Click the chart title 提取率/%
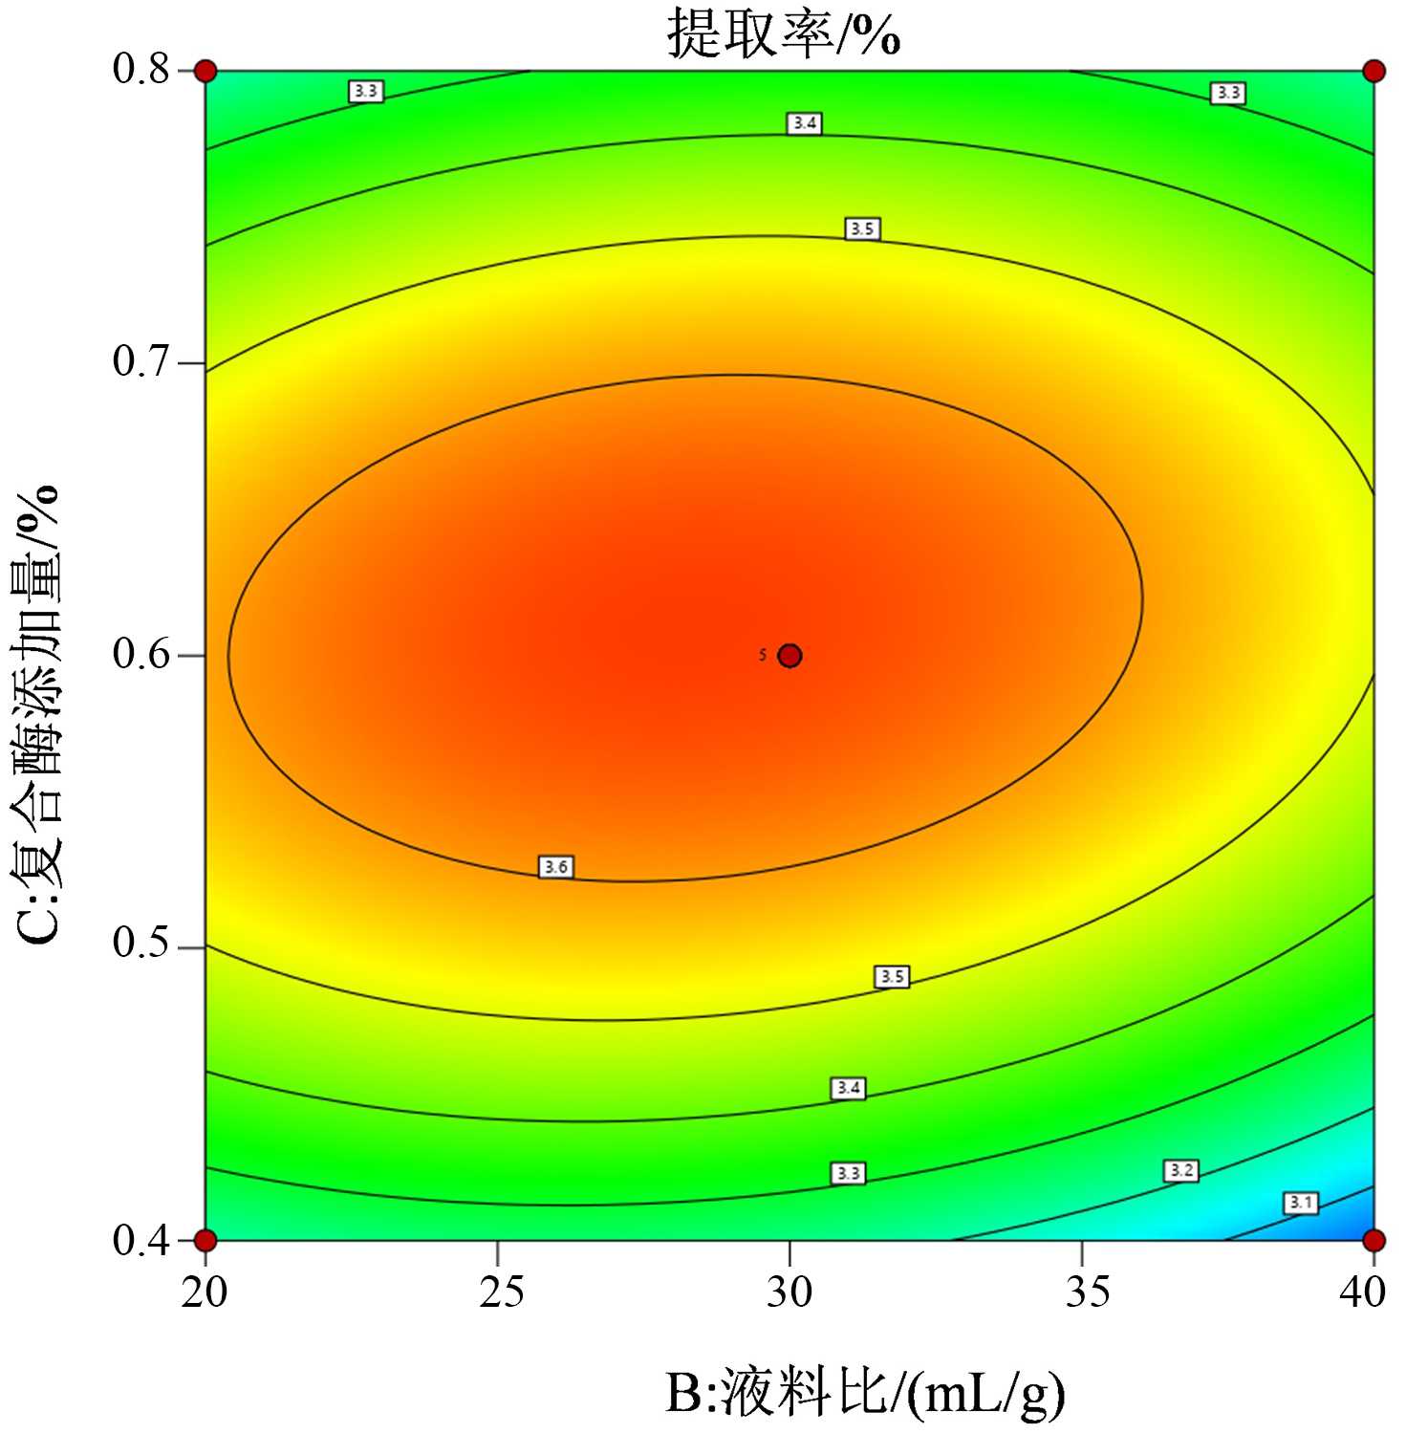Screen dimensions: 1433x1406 [783, 36]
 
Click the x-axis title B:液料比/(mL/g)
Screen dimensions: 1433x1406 [864, 1393]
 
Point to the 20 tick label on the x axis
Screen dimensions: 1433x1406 [205, 1292]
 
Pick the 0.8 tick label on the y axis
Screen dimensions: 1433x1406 [141, 69]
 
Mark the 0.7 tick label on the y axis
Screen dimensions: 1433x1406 [141, 362]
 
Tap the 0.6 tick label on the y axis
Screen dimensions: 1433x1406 [141, 655]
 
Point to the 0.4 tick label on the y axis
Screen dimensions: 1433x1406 [141, 1241]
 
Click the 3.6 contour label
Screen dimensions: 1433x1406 [555, 867]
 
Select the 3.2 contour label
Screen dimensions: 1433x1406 [1181, 1170]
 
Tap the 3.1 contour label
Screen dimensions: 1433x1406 [1301, 1203]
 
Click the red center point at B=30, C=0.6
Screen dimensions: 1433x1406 [790, 655]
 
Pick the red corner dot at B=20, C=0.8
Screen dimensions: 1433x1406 [205, 71]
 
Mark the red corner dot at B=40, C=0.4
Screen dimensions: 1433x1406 [1374, 1240]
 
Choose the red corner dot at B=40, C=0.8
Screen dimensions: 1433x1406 [1374, 71]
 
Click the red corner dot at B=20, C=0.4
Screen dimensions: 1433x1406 [205, 1240]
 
